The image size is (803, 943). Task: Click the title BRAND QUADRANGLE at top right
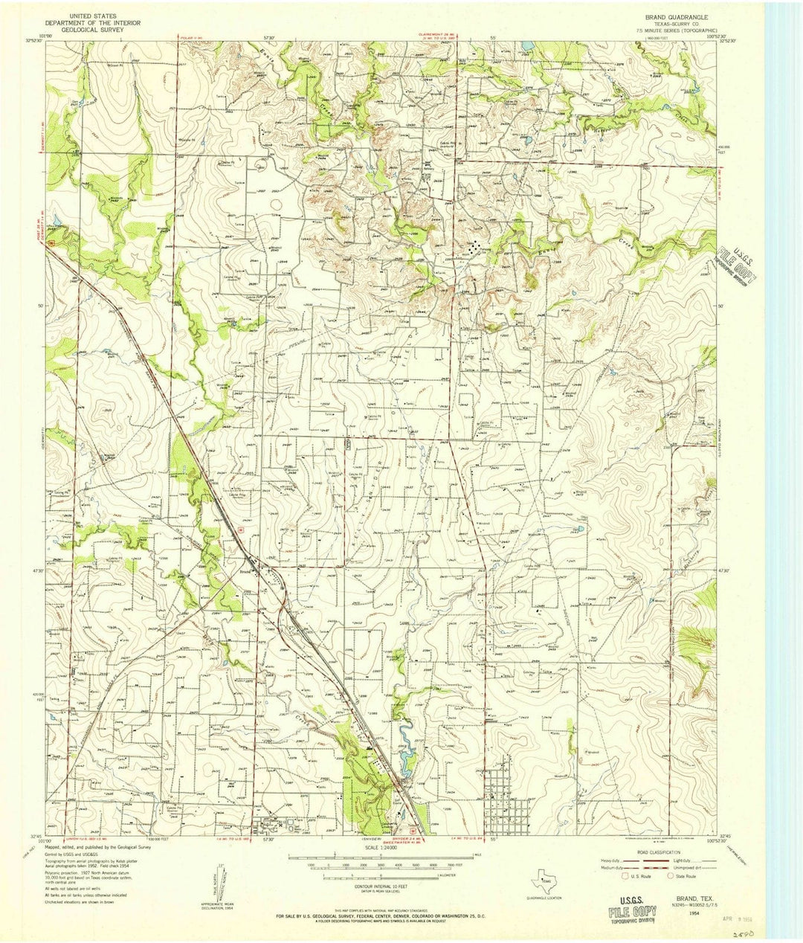(677, 16)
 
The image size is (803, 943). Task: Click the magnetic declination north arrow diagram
(220, 881)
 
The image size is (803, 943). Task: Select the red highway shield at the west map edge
(49, 242)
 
